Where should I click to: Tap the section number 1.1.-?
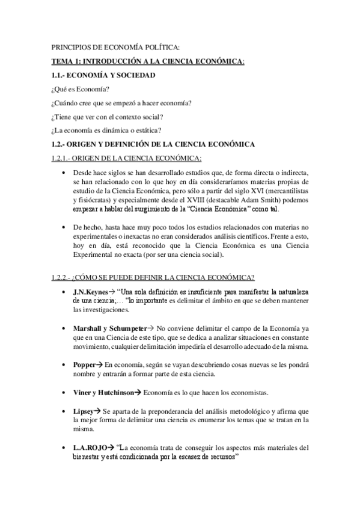pos(58,75)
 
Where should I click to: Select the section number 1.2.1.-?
pos(63,158)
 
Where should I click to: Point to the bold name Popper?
pos(85,364)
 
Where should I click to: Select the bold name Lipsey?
pos(84,411)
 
